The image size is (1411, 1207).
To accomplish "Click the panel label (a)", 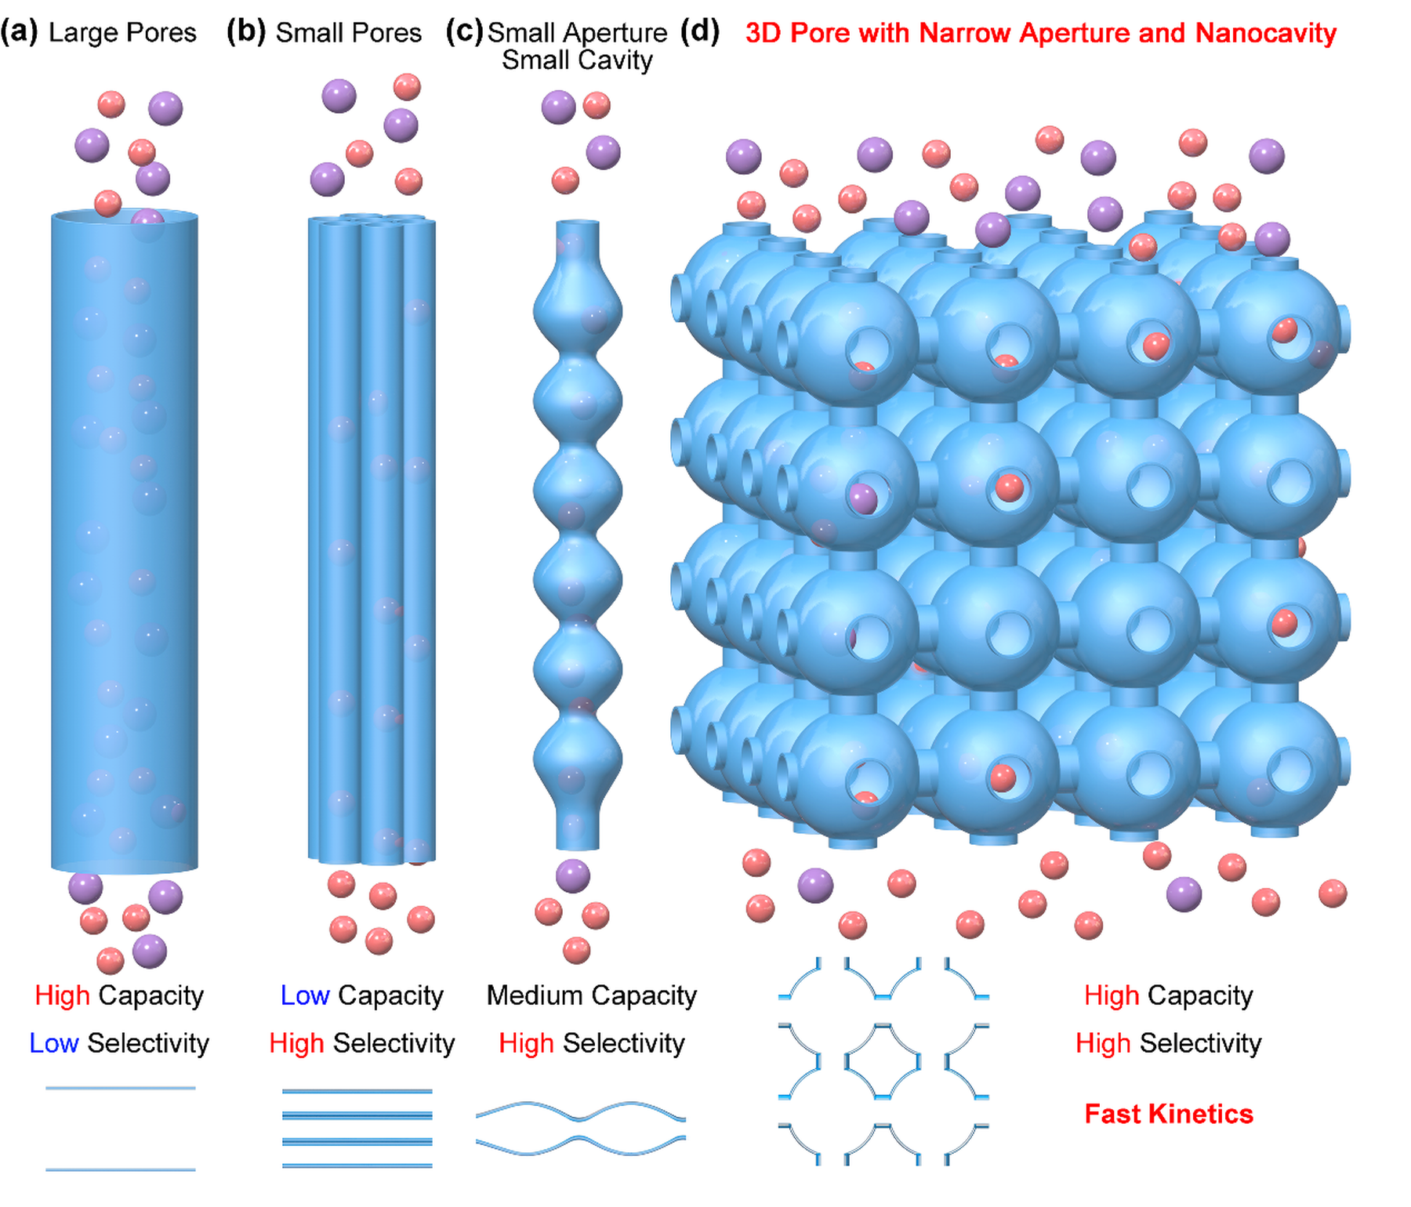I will point(19,32).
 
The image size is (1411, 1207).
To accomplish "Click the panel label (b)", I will point(246,32).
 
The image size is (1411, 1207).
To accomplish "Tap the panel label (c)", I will point(464,32).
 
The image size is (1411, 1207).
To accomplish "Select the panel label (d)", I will point(700,32).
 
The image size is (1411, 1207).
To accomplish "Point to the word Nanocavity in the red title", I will point(1266,33).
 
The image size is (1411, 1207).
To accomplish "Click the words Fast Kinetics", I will point(1168,1114).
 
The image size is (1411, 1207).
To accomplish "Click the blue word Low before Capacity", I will point(304,995).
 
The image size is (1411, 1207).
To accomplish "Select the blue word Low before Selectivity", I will point(53,1043).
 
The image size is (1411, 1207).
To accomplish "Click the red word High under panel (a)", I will point(62,995).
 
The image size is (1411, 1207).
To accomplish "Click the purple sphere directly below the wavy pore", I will point(573,875).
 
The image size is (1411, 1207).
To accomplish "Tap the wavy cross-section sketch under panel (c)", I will point(580,1129).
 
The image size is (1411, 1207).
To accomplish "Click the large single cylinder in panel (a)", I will point(124,541).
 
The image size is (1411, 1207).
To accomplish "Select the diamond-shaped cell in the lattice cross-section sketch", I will point(883,1061).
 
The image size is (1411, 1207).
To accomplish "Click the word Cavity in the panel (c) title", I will point(615,60).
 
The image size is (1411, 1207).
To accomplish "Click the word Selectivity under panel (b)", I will point(394,1043).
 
